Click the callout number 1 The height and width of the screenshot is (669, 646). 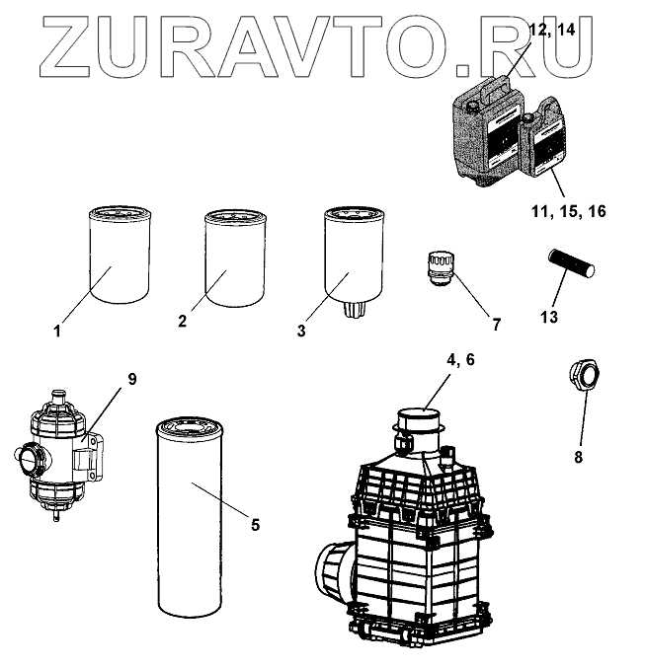tap(57, 332)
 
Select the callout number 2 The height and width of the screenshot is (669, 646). tap(183, 321)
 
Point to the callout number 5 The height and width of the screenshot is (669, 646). tap(255, 524)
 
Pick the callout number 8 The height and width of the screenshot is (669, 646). tap(579, 457)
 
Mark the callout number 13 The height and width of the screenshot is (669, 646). tap(550, 316)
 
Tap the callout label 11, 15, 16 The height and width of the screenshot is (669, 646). tap(567, 212)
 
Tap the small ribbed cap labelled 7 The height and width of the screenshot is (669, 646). tap(437, 266)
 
